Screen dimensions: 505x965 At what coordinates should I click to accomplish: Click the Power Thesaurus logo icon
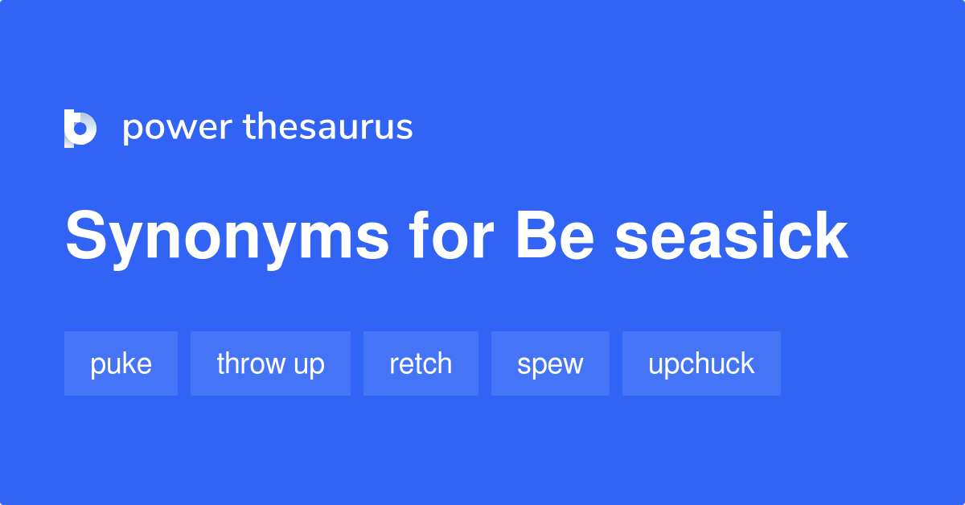[80, 129]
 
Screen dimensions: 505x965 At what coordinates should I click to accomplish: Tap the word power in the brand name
[178, 129]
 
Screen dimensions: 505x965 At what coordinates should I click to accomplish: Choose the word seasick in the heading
[731, 236]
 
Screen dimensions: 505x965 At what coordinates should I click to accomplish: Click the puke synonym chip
[121, 363]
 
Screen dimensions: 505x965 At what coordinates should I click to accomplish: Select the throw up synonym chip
[270, 363]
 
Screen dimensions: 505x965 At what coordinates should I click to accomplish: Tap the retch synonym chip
[421, 363]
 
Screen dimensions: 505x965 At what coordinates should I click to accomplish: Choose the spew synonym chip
[550, 363]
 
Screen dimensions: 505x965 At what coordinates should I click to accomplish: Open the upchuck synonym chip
[701, 363]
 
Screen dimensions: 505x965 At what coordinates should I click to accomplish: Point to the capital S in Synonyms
[86, 236]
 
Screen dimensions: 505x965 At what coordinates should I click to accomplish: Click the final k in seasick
[830, 236]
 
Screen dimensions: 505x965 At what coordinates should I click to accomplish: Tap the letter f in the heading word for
[417, 236]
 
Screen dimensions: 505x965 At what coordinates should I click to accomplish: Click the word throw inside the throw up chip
[252, 363]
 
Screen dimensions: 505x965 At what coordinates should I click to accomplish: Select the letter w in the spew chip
[572, 364]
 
